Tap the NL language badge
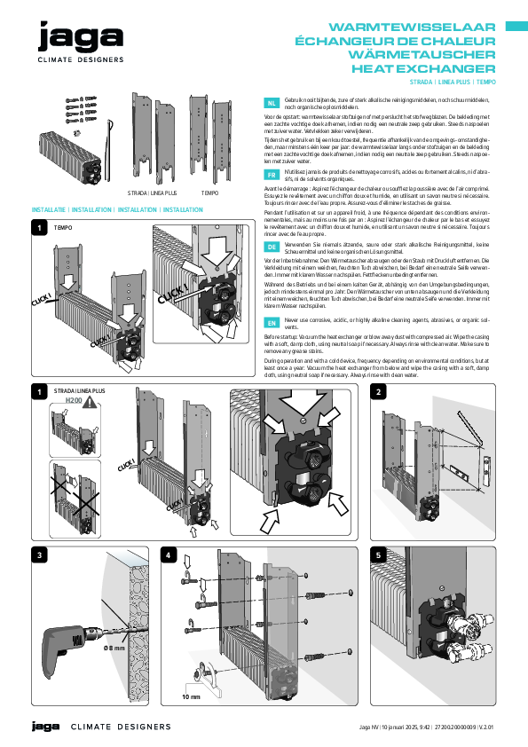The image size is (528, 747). click(x=272, y=104)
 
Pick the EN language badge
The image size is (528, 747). click(x=272, y=324)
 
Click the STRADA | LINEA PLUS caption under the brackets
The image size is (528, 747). click(x=150, y=192)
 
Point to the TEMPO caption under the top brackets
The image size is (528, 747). click(x=210, y=192)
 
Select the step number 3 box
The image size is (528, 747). click(x=38, y=555)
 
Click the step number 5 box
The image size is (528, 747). click(x=379, y=555)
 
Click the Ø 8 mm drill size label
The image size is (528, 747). click(x=114, y=649)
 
